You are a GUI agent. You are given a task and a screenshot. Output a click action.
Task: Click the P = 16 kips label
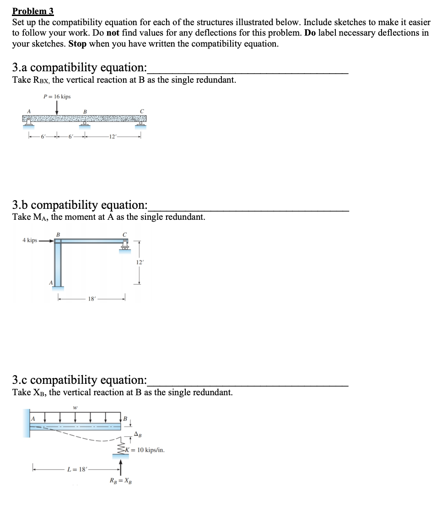point(57,96)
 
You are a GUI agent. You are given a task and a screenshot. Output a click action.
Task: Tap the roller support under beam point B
point(84,125)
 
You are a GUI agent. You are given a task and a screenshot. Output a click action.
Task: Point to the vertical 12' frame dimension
point(140,262)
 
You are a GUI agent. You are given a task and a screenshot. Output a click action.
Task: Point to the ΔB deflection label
point(138,434)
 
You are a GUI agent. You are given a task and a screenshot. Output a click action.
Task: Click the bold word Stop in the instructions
point(78,44)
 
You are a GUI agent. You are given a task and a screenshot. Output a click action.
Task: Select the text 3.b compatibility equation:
point(80,205)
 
